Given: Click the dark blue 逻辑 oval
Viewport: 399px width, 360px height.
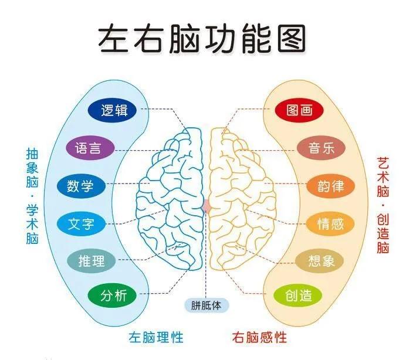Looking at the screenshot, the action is [x=112, y=110].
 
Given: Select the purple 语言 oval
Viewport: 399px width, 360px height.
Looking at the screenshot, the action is [x=90, y=148].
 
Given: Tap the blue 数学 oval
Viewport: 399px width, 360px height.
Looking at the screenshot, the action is [x=81, y=186].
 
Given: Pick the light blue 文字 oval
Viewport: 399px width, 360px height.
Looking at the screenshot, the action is [x=81, y=223].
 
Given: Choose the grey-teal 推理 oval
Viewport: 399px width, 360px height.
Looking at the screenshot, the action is [x=91, y=261].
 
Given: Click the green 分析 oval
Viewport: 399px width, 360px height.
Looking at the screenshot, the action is [x=112, y=295].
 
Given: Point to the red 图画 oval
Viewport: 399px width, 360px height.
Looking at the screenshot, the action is [x=299, y=110].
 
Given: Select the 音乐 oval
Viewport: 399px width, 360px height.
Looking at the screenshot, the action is [x=321, y=148].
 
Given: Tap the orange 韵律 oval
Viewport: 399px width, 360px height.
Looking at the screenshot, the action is [x=330, y=186].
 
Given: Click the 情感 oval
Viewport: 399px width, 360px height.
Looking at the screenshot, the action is [x=330, y=223].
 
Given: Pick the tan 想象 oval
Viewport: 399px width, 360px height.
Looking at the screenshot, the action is [x=320, y=261].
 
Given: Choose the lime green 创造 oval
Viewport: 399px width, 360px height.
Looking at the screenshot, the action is [x=297, y=296].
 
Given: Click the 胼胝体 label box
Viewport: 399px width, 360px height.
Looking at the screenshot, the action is [x=207, y=305].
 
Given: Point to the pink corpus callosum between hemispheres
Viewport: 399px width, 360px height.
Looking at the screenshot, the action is [x=206, y=206].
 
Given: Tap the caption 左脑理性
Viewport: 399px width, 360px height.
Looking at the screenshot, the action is [x=156, y=337].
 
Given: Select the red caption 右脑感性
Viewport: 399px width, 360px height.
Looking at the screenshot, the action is [x=259, y=337].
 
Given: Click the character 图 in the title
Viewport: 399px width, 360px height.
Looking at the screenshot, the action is [x=291, y=38].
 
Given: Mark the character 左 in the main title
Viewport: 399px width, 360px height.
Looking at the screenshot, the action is [x=113, y=38].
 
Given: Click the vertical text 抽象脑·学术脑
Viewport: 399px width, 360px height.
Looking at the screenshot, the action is [x=32, y=196].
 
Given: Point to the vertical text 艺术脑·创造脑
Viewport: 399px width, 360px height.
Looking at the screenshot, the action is [x=383, y=205].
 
